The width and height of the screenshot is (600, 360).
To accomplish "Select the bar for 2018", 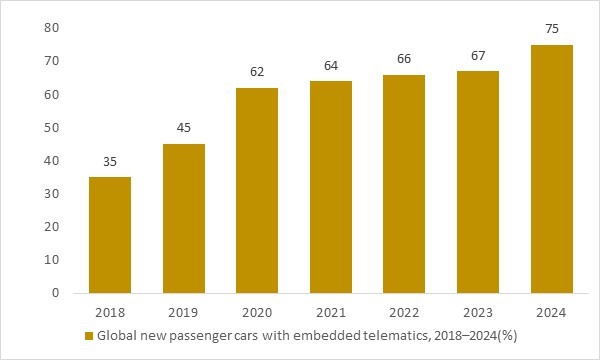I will click(x=109, y=235).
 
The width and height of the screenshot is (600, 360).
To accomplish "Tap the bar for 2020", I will click(x=257, y=190).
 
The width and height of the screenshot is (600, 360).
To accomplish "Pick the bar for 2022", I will click(x=405, y=184).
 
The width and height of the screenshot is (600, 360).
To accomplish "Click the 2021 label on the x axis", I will click(x=331, y=313).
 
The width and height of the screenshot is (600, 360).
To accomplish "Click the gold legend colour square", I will click(x=89, y=336).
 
